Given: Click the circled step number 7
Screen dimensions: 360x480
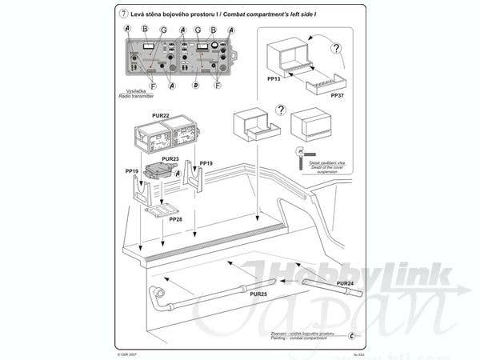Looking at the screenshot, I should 122,14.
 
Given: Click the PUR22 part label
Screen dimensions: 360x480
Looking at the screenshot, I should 160,116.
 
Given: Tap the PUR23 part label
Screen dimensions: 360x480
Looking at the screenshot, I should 170,159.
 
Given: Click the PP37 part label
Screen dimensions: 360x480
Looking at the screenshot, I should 338,94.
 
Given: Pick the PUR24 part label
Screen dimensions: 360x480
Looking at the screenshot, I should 345,284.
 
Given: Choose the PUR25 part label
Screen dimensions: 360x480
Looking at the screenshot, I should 258,295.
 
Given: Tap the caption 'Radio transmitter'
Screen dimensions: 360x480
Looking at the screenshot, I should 133,94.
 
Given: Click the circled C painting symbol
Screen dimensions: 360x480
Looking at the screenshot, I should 353,334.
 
